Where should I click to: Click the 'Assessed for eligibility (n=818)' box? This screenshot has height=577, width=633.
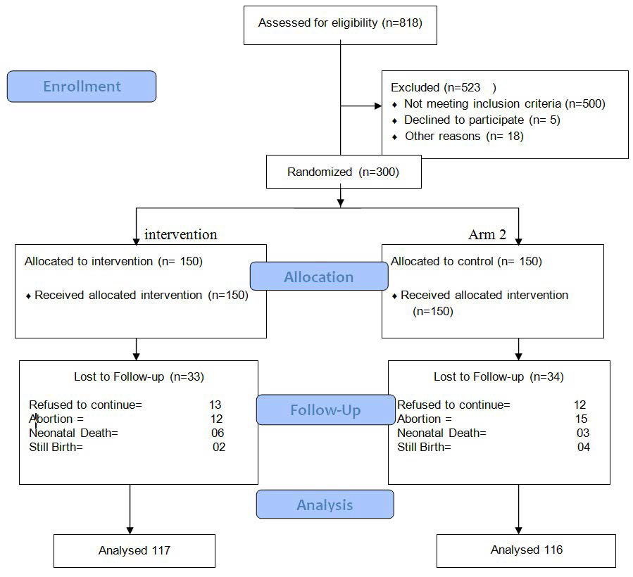tap(340, 23)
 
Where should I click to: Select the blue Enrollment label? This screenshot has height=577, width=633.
tap(82, 87)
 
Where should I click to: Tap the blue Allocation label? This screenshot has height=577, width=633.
tap(318, 277)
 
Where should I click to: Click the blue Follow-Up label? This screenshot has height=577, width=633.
tap(325, 410)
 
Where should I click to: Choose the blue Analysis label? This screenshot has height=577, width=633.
tap(325, 505)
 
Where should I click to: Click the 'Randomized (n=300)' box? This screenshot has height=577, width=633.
tap(344, 172)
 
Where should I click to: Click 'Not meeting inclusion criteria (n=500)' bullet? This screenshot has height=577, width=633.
tap(504, 103)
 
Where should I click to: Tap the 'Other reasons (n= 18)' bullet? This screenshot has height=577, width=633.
tap(464, 136)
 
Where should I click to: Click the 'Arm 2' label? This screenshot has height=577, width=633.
tap(487, 234)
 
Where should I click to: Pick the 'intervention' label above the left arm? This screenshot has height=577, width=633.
tap(181, 234)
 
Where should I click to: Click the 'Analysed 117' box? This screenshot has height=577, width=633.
tap(134, 550)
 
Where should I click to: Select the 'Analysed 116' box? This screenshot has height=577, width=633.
tap(527, 550)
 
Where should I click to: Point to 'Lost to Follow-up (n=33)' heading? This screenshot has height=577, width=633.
tap(139, 376)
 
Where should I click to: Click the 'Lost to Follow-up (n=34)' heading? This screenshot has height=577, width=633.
tap(499, 376)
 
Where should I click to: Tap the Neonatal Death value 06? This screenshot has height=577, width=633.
tap(218, 433)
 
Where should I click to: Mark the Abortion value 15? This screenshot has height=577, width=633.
tap(582, 419)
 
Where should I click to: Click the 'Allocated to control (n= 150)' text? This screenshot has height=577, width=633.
tap(466, 261)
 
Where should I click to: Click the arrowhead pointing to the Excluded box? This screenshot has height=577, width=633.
tap(377, 108)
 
